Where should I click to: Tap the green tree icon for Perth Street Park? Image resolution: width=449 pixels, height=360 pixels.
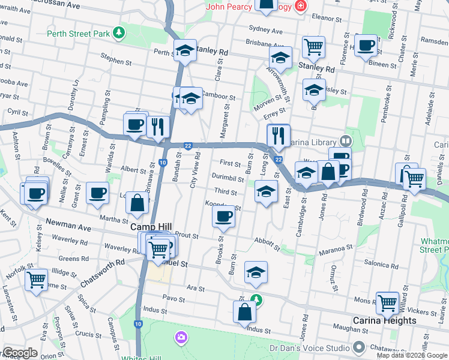pos(119,33)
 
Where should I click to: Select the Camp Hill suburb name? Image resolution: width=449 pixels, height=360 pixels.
pos(151,227)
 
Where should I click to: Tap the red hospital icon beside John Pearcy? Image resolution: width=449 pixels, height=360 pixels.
pos(300,7)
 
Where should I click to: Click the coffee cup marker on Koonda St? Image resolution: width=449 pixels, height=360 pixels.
pos(224,217)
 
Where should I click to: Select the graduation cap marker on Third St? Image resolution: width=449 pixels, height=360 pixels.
pos(266,192)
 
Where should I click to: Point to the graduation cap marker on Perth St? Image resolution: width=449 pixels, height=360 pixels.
pos(185,51)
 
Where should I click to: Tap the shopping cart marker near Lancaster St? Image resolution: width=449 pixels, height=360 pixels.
pos(37,279)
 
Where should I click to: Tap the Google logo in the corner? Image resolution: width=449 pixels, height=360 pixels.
pos(20,353)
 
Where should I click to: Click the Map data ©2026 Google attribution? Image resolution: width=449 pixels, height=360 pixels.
pos(412,355)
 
